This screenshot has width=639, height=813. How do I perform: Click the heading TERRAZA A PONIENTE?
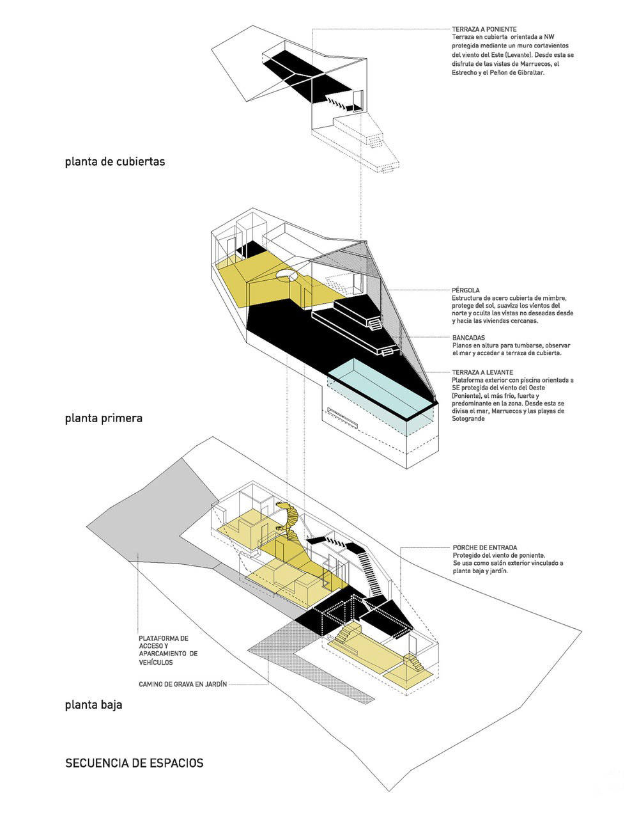pos(483,29)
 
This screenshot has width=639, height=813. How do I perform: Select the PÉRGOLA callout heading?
pos(465,290)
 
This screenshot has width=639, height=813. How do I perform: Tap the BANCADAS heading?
pos(468,337)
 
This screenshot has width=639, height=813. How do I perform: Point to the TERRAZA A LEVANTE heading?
pos(482,372)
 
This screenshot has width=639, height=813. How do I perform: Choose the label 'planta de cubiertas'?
pos(114,162)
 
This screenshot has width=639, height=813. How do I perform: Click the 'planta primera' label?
pos(103,419)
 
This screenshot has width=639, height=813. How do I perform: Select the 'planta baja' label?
pos(93,706)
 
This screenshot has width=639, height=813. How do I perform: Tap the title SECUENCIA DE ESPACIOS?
pos(134,763)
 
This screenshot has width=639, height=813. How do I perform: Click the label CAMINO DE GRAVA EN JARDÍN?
pos(182,684)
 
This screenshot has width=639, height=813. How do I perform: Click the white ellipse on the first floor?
pos(287,276)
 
